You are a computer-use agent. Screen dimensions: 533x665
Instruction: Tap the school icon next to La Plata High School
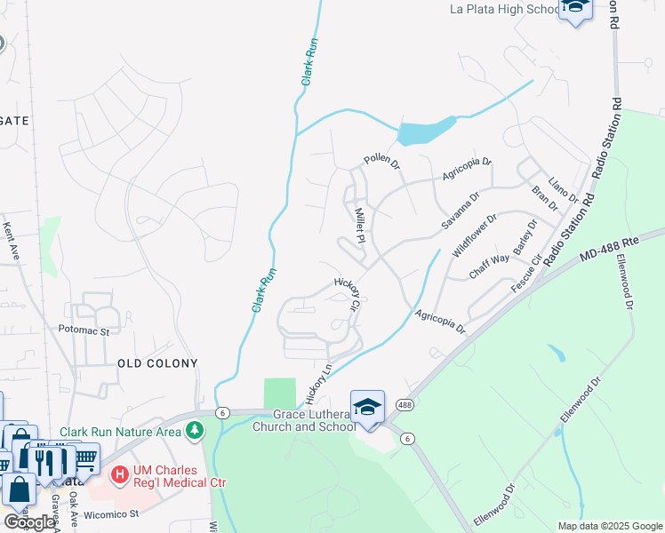[575, 8]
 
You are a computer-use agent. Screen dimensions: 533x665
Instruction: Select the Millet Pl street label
[361, 226]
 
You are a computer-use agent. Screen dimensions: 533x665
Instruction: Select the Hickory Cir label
[348, 293]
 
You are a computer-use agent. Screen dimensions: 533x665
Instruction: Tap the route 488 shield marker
[404, 404]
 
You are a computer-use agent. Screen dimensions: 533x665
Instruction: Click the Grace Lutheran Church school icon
[367, 407]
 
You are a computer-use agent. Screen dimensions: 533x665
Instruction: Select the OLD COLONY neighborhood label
[157, 363]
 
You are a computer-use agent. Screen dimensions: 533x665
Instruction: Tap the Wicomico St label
[111, 513]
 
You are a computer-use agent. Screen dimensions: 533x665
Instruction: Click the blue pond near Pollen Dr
[425, 132]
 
